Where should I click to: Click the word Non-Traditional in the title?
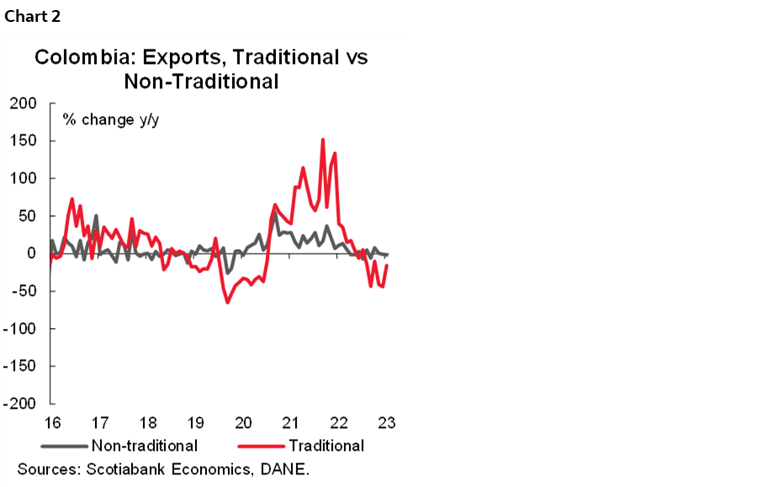201,82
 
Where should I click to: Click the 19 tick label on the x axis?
195,422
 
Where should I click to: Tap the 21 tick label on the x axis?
291,422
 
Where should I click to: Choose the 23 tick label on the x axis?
387,422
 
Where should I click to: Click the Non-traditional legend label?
144,446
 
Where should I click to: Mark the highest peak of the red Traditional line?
323,140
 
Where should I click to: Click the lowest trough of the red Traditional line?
227,302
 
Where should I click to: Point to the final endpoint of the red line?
387,266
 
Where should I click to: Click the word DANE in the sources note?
286,468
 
